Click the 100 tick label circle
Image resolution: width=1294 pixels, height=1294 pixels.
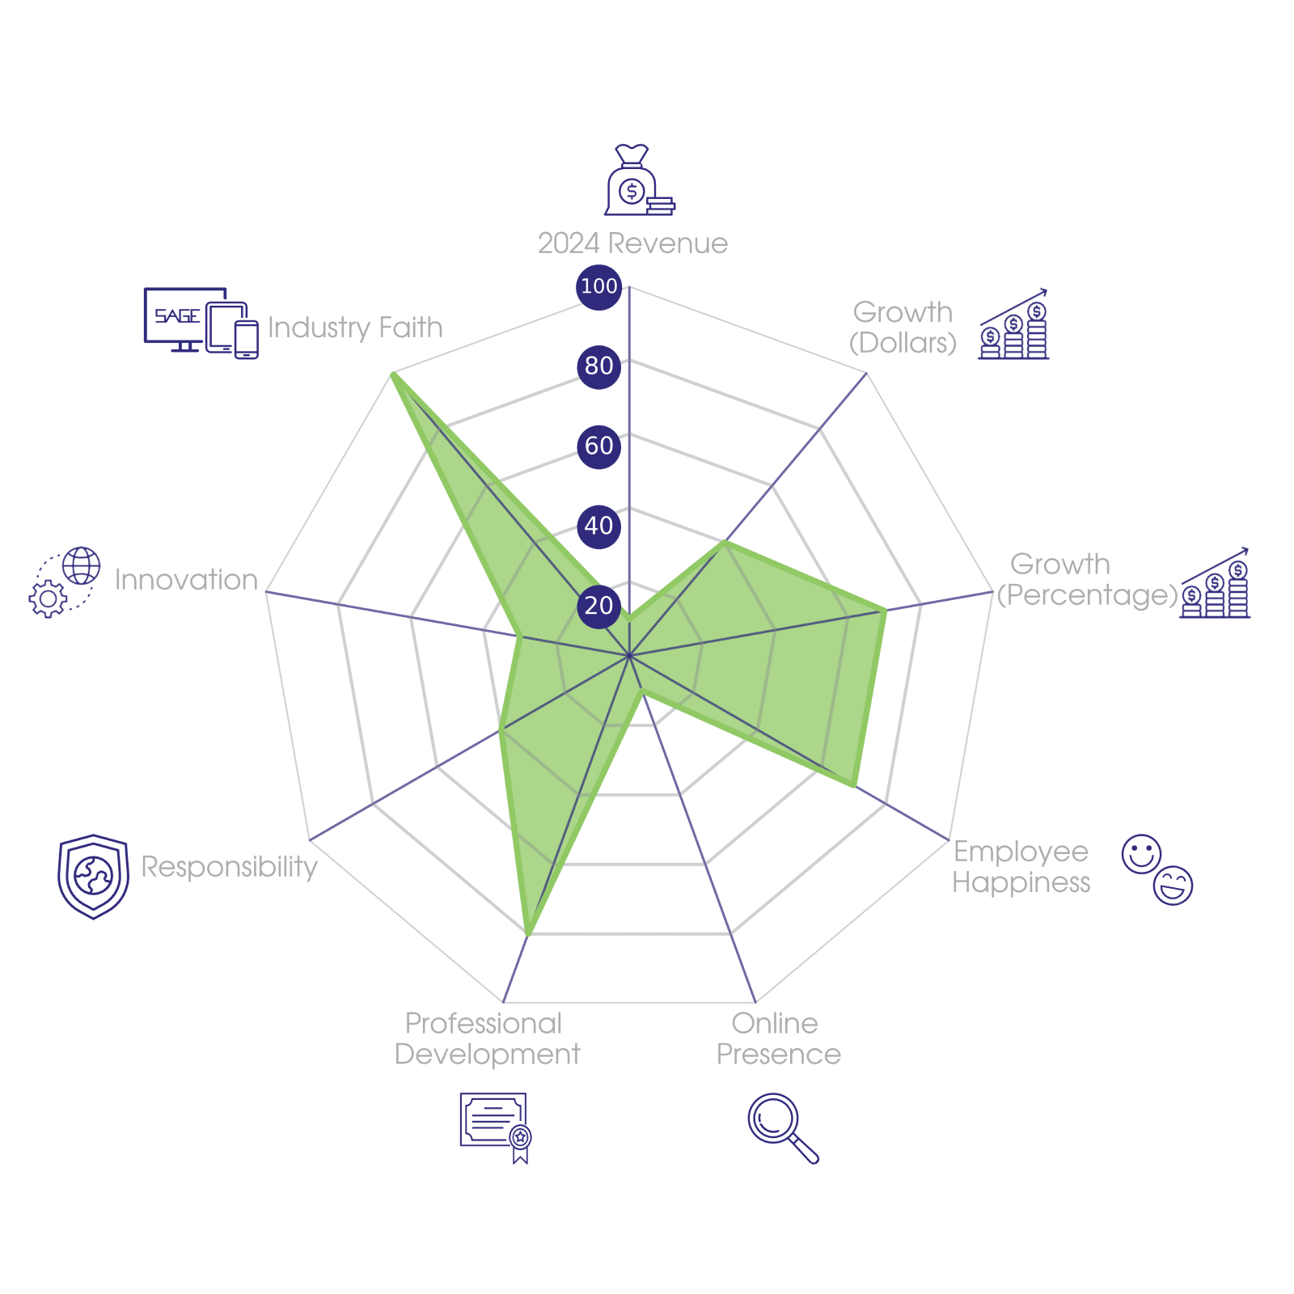(x=598, y=286)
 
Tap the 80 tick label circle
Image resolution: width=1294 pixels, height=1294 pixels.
(x=598, y=366)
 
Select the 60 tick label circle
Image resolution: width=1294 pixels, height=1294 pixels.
(x=598, y=446)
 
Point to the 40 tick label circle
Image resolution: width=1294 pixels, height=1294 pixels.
(x=598, y=526)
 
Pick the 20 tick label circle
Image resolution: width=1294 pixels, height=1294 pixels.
(x=598, y=605)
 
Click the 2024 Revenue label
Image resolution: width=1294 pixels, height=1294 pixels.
(x=632, y=243)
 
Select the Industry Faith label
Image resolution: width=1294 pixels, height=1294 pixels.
(x=355, y=328)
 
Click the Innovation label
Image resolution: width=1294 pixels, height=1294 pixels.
(x=186, y=580)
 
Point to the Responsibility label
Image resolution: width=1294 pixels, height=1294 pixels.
(x=230, y=866)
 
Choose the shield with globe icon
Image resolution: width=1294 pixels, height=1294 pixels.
(x=94, y=877)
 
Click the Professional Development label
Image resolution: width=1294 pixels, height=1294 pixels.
(x=487, y=1039)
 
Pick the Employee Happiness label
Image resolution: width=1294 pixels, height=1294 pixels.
(x=1021, y=866)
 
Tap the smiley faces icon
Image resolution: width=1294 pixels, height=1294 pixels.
(x=1157, y=869)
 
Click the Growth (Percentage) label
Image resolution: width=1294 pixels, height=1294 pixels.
(x=1086, y=580)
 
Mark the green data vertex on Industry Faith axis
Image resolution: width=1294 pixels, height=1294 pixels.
(x=391, y=373)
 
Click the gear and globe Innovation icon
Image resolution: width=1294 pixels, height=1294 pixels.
(x=65, y=582)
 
